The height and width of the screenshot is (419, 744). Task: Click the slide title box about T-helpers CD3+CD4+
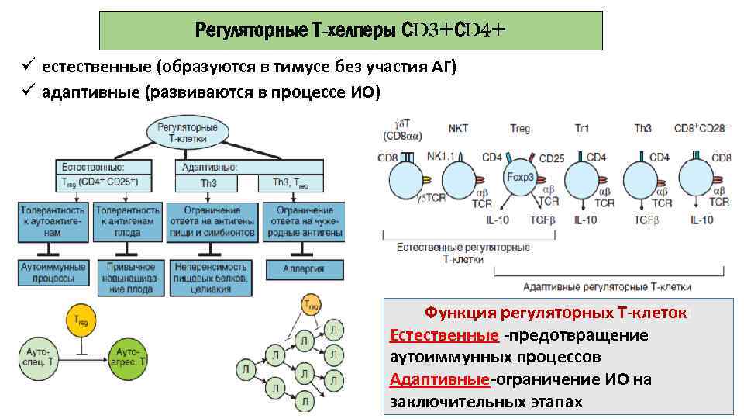point(350,31)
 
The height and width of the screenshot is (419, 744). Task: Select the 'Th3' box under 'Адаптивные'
point(208,184)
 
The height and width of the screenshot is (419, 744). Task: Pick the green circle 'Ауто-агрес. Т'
point(129,357)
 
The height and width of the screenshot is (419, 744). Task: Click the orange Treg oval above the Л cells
point(311,305)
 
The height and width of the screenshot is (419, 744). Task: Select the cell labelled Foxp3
point(520,176)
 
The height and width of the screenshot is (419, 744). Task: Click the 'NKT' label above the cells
point(458,128)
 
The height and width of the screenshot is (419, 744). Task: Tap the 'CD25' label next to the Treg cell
point(552,159)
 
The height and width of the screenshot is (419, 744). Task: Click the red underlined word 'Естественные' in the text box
point(444,335)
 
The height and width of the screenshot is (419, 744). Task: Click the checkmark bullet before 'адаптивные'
point(26,92)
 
